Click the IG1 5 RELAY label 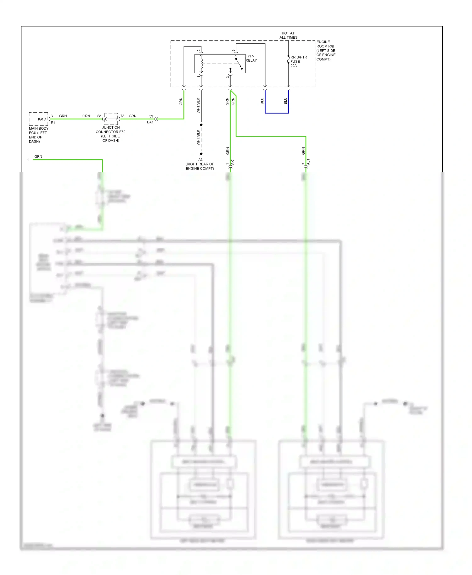(251, 58)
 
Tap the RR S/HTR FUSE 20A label (298, 61)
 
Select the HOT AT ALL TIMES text (288, 35)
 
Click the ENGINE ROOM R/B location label (326, 50)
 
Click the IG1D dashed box (39, 119)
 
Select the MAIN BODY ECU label (38, 135)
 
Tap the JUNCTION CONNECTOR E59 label (110, 134)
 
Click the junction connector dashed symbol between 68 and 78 (111, 119)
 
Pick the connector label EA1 (150, 122)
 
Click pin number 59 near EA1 (151, 116)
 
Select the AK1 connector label (233, 162)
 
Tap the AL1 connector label (308, 162)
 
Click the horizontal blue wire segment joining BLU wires (277, 113)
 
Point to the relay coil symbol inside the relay (201, 63)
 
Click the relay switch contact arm (239, 63)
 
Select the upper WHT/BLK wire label (198, 105)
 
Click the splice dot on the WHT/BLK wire (201, 125)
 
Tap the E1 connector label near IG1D (53, 123)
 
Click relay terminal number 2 (199, 50)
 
